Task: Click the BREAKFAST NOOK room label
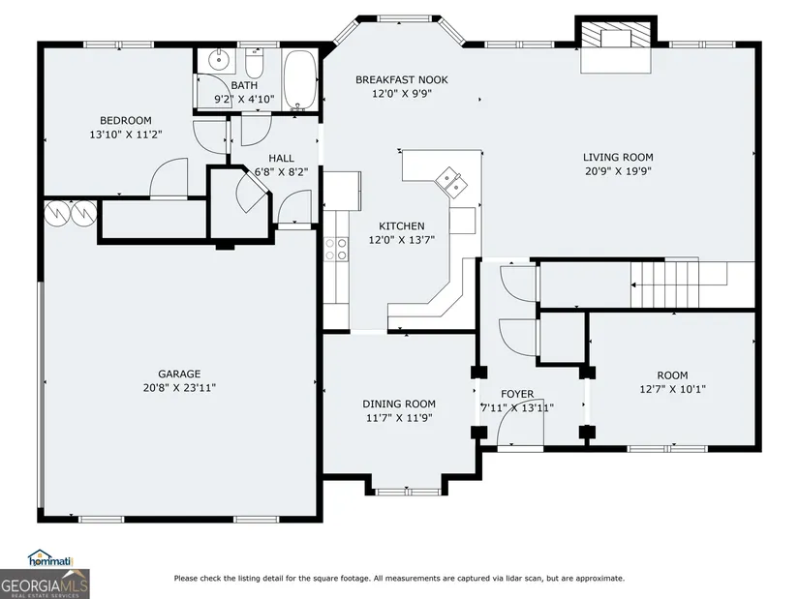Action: (402, 79)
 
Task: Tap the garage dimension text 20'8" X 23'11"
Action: (179, 388)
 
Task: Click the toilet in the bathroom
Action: (254, 62)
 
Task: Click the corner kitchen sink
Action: (450, 182)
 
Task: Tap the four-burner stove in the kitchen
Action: (336, 250)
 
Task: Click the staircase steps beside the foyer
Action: (664, 285)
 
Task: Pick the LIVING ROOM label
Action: (618, 158)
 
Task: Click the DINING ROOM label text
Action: (399, 404)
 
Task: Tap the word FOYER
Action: (517, 394)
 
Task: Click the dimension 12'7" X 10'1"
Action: (673, 389)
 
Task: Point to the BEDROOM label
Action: (126, 121)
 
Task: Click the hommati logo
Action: (50, 558)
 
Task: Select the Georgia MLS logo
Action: (45, 584)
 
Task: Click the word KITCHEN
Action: (402, 226)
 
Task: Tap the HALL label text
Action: (281, 159)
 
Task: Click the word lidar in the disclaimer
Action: (511, 578)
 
